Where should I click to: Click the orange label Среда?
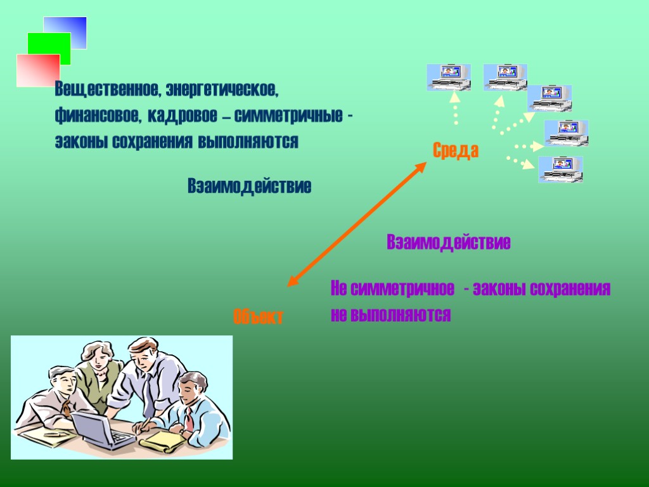point(456,151)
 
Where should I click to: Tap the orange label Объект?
point(258,316)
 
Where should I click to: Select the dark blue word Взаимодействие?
point(249,186)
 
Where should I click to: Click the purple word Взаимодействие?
point(448,242)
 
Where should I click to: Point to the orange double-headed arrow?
point(357,223)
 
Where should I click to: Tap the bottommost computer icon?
point(560,169)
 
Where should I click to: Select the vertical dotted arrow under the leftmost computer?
point(455,109)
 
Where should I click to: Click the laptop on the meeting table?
point(101,431)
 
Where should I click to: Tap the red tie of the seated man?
point(189,419)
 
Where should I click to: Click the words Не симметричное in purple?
point(392,290)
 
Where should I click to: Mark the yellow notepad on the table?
point(162,441)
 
